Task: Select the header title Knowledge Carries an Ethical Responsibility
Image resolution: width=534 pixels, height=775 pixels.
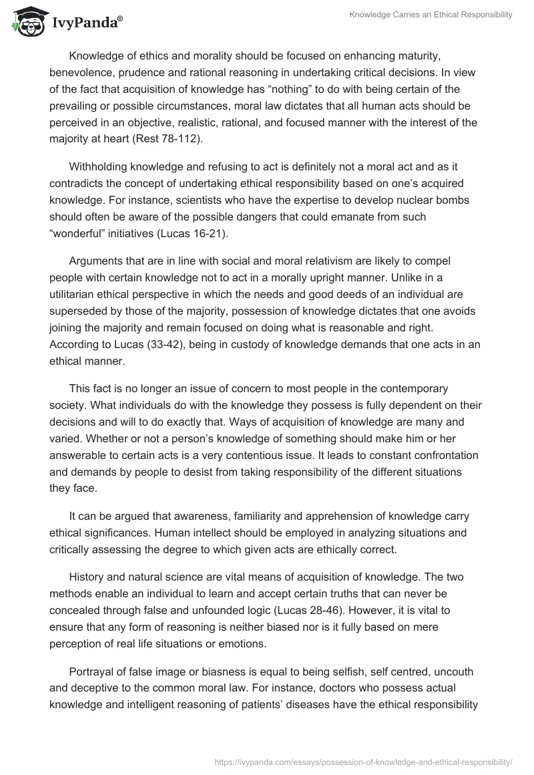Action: pos(431,15)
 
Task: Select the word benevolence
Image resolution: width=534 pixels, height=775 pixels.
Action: pos(82,73)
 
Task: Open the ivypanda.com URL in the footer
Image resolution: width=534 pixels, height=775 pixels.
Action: pos(364,761)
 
